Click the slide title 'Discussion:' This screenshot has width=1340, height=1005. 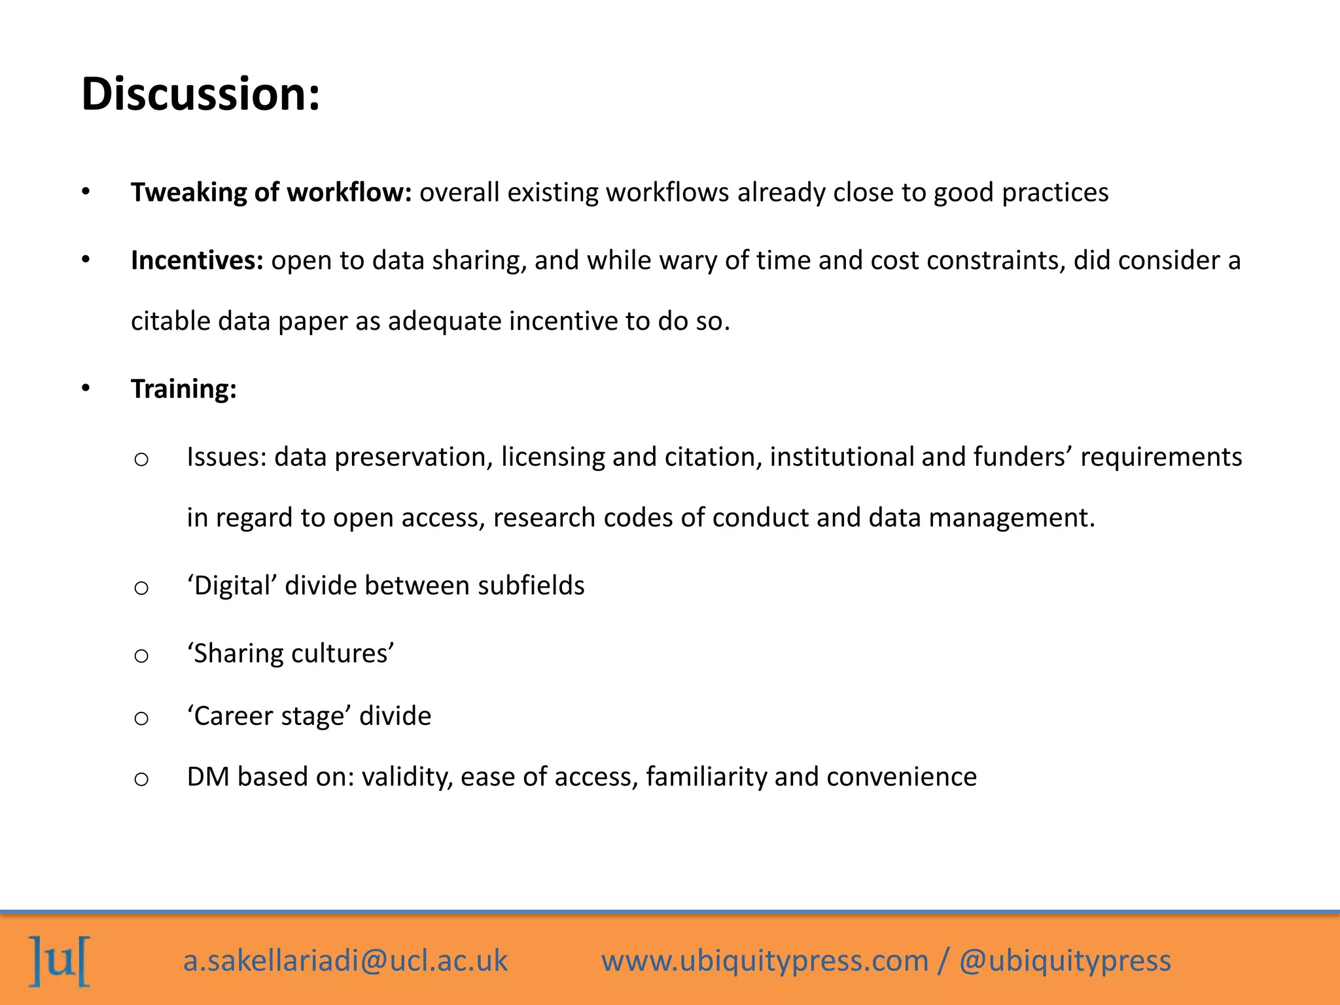click(201, 94)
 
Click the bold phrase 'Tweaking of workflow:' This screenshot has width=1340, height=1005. click(271, 192)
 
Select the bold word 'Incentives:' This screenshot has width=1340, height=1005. click(197, 260)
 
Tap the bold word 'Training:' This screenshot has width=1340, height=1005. click(184, 389)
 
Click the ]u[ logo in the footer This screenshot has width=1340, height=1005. click(60, 961)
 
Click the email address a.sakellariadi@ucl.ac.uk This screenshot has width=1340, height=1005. click(345, 961)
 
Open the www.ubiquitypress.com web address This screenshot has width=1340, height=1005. click(765, 961)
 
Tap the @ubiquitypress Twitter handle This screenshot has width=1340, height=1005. click(1065, 961)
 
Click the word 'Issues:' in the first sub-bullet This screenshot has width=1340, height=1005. click(226, 457)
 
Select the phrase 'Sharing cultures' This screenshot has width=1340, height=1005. click(291, 654)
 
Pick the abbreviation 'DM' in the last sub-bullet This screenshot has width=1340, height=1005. click(207, 777)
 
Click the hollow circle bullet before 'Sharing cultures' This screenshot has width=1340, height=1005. click(141, 655)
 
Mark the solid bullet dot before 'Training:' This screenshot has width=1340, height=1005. click(86, 389)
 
